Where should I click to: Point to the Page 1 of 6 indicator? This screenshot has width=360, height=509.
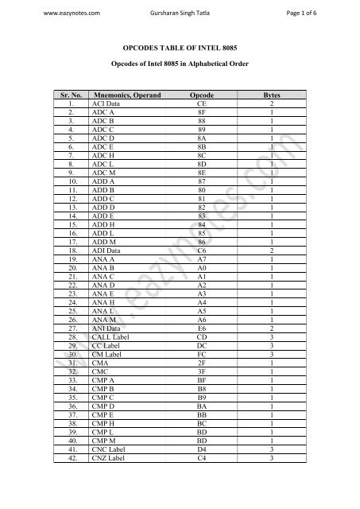(316, 13)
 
